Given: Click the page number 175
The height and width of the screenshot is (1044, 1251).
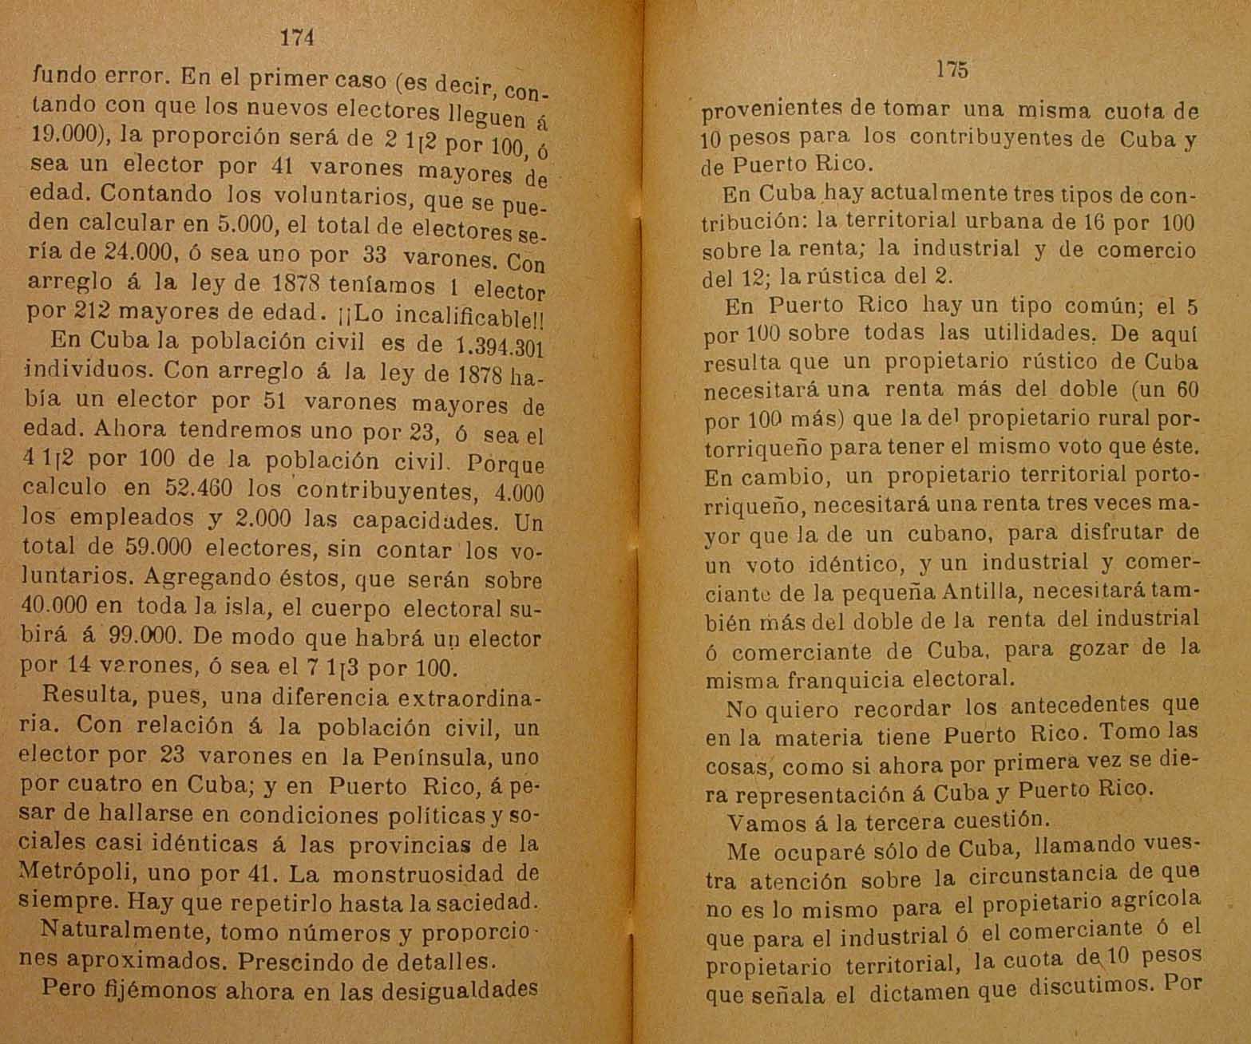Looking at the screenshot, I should pyautogui.click(x=953, y=70).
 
